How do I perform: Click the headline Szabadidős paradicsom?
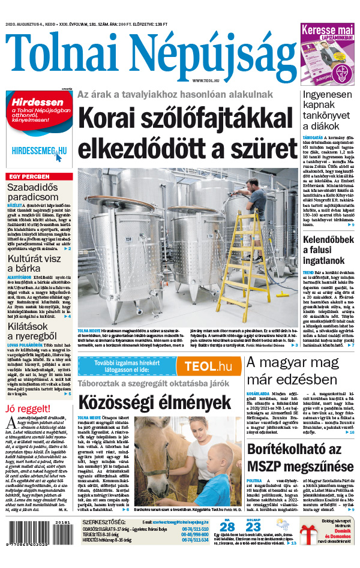33,191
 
